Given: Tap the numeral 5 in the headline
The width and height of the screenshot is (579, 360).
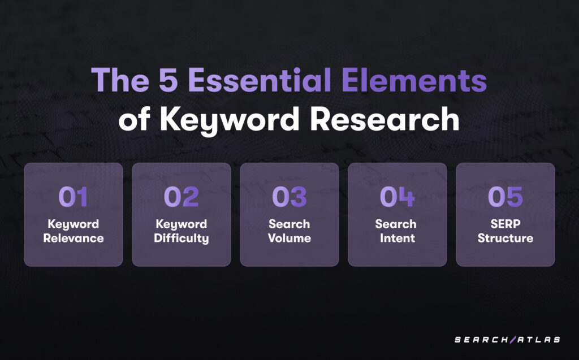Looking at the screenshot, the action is (x=168, y=80).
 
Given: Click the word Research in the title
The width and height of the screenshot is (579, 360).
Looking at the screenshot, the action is (x=384, y=119).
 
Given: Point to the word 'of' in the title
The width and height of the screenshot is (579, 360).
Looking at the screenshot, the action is (x=134, y=119).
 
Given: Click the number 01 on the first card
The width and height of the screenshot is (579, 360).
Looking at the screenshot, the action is (x=73, y=197).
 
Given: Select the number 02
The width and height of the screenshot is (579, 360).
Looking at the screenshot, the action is (x=182, y=197).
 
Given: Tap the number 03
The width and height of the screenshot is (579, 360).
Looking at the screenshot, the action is (x=289, y=197).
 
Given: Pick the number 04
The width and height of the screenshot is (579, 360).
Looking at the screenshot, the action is (x=397, y=197).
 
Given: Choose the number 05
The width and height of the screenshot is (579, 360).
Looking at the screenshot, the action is (x=505, y=197).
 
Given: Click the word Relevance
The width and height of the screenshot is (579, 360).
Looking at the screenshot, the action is (x=74, y=238).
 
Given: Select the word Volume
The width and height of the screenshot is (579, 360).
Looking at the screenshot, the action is (x=289, y=238).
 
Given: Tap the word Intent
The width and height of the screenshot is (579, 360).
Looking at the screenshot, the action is (x=397, y=238).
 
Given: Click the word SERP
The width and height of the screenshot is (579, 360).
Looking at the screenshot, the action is (x=505, y=224).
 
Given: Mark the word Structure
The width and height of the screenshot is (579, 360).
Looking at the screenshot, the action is (x=505, y=238).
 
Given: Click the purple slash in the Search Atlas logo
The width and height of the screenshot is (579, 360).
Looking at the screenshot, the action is (x=513, y=340).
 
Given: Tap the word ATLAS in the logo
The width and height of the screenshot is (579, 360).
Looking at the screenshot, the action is (x=539, y=340).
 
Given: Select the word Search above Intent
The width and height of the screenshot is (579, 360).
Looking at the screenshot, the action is (x=396, y=224).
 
